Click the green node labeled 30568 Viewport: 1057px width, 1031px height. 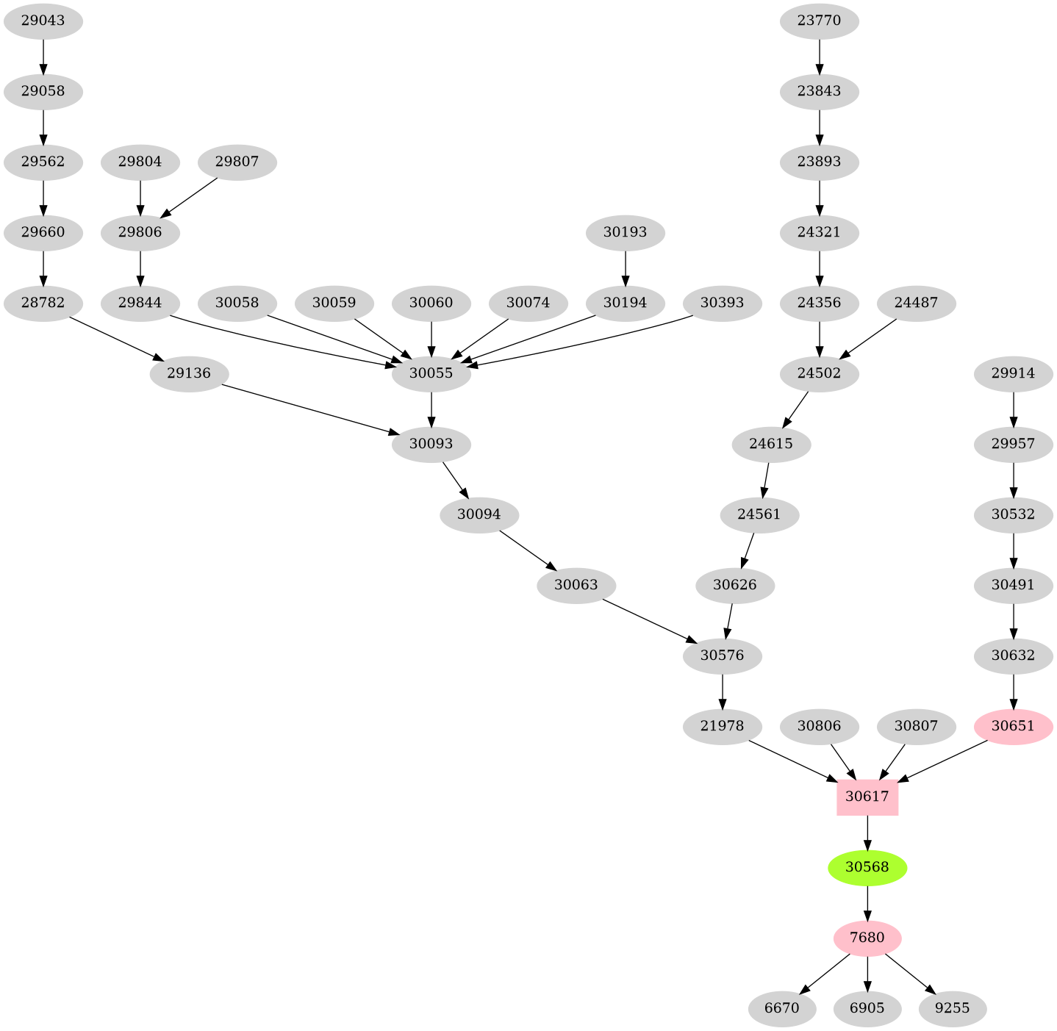[x=867, y=867]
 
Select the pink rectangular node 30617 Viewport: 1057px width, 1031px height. [x=867, y=797]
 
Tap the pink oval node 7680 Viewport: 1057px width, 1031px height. [x=867, y=938]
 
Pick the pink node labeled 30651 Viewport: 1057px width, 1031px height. [x=1013, y=726]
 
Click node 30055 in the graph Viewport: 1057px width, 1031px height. [x=431, y=373]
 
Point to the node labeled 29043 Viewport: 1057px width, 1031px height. [x=43, y=21]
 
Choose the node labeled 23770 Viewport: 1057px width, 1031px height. [x=819, y=21]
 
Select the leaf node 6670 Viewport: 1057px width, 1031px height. [x=781, y=1008]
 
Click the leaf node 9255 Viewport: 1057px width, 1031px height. [x=952, y=1008]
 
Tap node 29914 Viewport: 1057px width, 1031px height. [x=1013, y=373]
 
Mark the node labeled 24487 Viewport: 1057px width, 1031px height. [x=916, y=303]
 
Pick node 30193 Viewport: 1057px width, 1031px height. [x=625, y=232]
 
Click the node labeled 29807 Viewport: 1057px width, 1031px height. [x=237, y=161]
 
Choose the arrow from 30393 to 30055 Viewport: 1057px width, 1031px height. [x=581, y=342]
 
